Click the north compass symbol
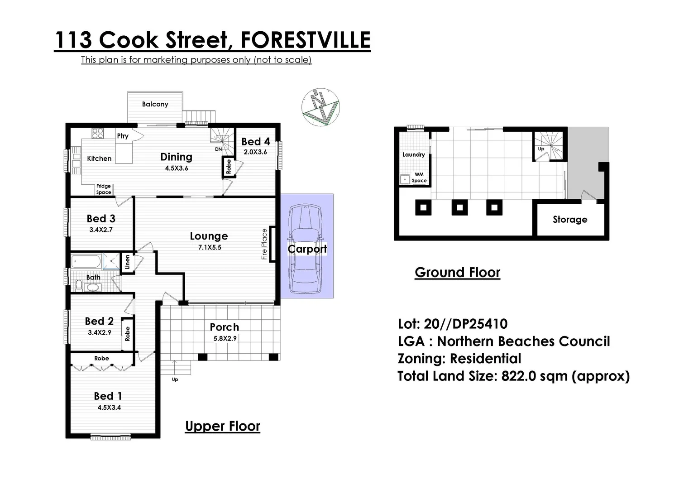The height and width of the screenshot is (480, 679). [320, 107]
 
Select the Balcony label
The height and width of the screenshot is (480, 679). [155, 104]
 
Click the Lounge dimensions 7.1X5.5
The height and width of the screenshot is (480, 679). [210, 248]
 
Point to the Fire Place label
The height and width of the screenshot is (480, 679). [264, 244]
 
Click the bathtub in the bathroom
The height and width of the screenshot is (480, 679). [86, 262]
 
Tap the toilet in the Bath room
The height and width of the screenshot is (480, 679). [79, 285]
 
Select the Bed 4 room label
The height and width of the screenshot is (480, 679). [255, 142]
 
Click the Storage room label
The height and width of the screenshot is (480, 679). [569, 220]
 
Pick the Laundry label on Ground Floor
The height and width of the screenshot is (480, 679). [413, 154]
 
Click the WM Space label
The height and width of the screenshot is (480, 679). [419, 178]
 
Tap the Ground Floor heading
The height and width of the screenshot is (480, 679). [457, 273]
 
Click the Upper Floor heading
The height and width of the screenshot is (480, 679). [223, 426]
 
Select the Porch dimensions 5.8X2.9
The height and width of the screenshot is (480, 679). [225, 338]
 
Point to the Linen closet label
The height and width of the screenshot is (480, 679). [127, 262]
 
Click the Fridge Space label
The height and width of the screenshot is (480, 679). [103, 189]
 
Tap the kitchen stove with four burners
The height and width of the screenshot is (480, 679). [97, 133]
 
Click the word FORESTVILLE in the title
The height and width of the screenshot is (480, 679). [305, 40]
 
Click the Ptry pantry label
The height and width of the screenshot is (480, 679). [123, 136]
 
